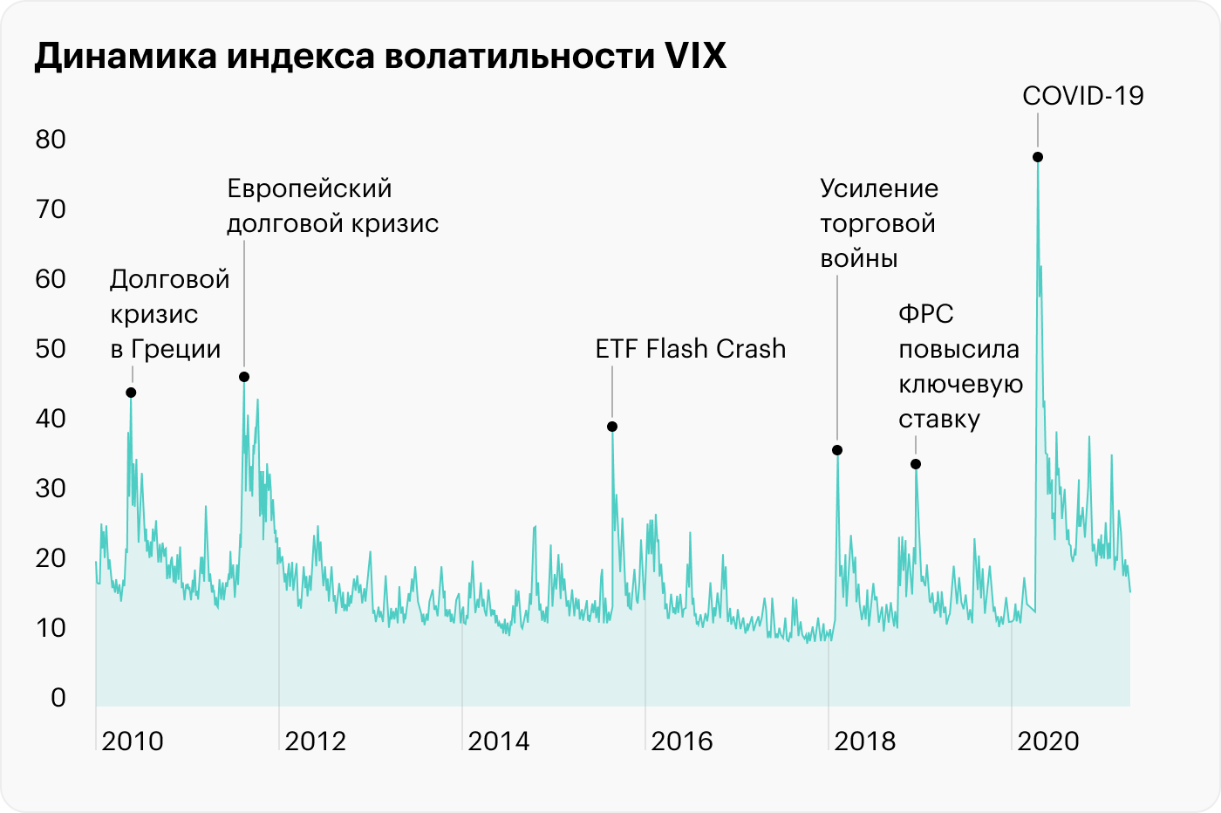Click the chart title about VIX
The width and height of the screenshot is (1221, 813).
[x=380, y=56]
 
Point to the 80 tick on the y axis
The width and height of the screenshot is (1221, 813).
[x=51, y=140]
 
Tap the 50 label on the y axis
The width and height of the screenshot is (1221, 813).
[x=51, y=349]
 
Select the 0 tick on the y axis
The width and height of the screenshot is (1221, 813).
[x=58, y=698]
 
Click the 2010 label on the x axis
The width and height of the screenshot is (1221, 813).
[x=133, y=741]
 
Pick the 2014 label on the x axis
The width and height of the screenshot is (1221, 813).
[x=499, y=741]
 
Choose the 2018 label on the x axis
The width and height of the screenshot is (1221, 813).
[x=865, y=741]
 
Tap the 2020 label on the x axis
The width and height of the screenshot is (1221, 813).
[x=1048, y=741]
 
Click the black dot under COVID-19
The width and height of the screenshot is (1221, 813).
[x=1038, y=157]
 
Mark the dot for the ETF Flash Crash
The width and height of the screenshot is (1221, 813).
[x=612, y=427]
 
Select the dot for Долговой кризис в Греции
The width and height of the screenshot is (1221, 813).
[x=131, y=393]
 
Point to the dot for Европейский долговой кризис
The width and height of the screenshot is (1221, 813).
[x=244, y=377]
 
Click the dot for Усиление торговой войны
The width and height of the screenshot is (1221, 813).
[x=837, y=450]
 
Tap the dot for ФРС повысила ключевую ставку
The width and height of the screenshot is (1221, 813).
[x=916, y=464]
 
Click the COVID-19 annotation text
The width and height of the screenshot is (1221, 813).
[x=1082, y=96]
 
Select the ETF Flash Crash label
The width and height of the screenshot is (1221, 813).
[x=691, y=349]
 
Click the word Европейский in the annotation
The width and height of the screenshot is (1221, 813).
[x=310, y=189]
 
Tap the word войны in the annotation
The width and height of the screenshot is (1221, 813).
[x=859, y=259]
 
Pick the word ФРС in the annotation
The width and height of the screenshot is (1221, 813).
[x=926, y=314]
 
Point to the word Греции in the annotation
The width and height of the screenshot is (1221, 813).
[x=176, y=349]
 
